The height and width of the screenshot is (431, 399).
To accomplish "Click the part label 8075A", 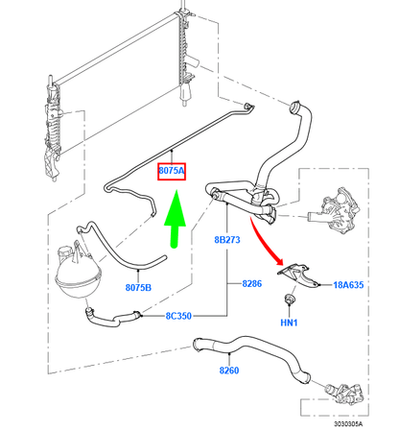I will point(171,171).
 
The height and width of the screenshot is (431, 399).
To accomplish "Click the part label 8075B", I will point(139,287).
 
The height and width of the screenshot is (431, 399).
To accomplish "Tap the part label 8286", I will point(252,285).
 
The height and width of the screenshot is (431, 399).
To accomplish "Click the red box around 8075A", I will point(171,171).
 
